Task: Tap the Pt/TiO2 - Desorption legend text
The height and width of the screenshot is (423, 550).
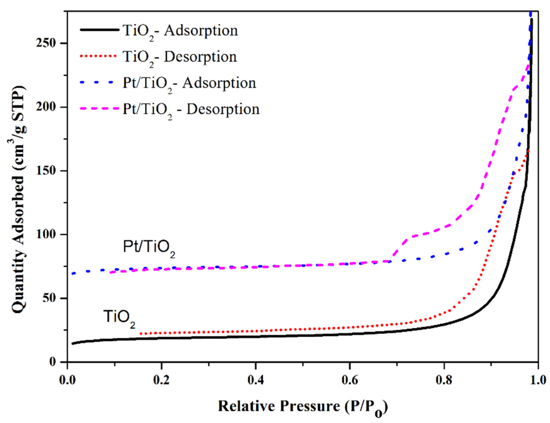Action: coord(191,110)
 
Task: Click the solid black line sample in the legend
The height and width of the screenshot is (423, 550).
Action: coord(99,30)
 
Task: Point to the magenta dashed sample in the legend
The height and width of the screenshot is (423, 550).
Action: coord(99,109)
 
